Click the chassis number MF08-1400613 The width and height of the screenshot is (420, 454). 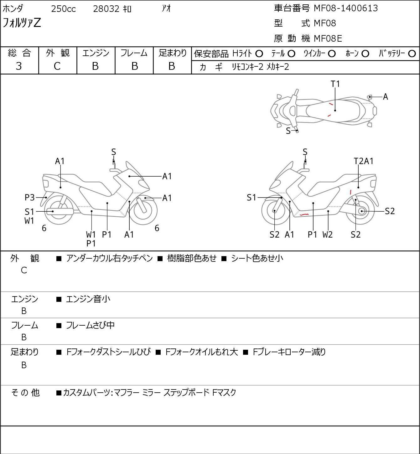click(346, 8)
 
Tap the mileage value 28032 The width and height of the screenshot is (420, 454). click(106, 9)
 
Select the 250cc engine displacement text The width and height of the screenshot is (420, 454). click(63, 9)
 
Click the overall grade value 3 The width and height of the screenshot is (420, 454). click(19, 66)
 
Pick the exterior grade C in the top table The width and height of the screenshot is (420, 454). click(57, 66)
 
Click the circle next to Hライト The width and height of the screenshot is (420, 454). click(259, 54)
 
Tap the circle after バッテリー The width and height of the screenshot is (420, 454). click(412, 54)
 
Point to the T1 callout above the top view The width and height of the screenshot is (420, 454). click(335, 84)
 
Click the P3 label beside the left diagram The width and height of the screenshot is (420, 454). click(29, 198)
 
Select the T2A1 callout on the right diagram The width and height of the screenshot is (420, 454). click(364, 161)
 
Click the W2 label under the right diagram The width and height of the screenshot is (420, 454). click(328, 234)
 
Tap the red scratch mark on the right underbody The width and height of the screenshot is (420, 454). click(304, 214)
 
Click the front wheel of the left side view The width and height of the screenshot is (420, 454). click(145, 210)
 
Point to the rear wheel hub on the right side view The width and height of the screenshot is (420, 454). click(362, 211)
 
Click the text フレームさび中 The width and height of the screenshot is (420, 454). click(90, 325)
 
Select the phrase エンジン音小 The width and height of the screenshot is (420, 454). click(88, 299)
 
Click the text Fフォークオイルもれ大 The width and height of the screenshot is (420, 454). click(201, 352)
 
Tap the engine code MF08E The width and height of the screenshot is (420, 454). click(328, 38)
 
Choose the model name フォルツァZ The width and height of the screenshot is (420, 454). click(22, 23)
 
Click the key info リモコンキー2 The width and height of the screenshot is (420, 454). click(247, 67)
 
